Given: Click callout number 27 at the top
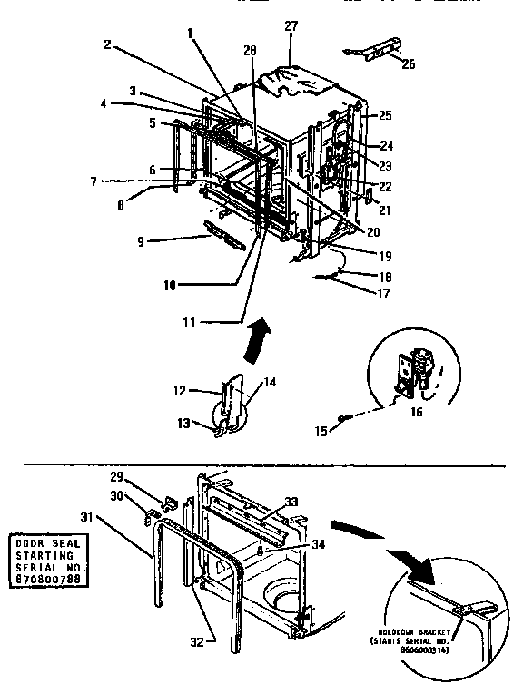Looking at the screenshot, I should point(291,26).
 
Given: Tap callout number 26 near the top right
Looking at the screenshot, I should point(408,64).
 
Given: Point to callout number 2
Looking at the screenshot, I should point(107,43).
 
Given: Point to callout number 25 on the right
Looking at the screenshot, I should point(386,115).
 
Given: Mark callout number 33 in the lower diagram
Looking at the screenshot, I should point(291,500).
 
